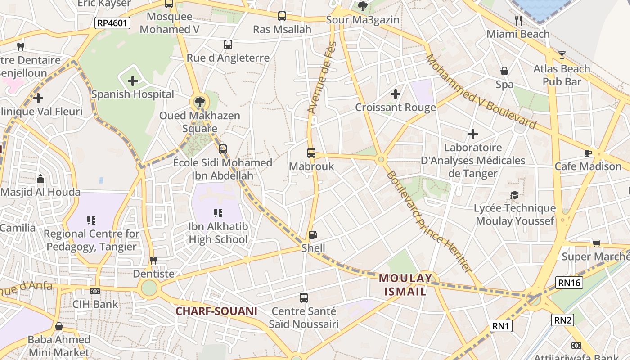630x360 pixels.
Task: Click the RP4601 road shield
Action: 112,23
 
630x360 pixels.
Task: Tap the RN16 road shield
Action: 569,283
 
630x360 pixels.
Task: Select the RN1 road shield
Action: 501,326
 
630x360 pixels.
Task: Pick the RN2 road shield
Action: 563,320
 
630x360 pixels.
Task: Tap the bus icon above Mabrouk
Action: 311,153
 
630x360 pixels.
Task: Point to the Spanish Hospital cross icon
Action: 132,81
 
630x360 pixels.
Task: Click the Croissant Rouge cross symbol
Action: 396,94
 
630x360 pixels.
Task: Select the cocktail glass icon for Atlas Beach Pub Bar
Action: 562,55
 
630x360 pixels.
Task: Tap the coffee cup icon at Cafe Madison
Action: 588,153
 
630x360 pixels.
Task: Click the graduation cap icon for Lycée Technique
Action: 514,195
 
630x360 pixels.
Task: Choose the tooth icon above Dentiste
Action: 153,260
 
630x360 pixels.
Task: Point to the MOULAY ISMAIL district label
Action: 405,284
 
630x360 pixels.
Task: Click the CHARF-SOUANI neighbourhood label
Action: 216,311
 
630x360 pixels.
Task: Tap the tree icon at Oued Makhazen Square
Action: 199,102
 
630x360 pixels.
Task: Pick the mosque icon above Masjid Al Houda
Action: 40,179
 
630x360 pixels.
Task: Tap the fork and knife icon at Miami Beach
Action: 518,20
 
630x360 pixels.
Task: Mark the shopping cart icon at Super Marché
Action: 597,243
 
